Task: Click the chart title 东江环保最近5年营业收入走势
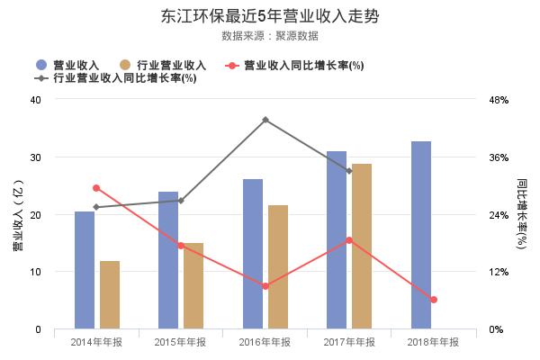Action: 270,16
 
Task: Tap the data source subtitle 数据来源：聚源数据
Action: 270,36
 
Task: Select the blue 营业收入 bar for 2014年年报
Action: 85,270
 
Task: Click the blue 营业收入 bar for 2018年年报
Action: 421,235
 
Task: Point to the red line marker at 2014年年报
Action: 96,188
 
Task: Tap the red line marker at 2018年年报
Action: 433,300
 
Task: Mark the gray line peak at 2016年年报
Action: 265,120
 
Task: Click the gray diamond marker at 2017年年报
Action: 349,171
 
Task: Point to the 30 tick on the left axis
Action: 36,157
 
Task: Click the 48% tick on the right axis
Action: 499,100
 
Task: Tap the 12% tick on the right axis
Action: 499,272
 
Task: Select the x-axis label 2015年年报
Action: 181,342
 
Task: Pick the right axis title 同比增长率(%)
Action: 521,214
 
